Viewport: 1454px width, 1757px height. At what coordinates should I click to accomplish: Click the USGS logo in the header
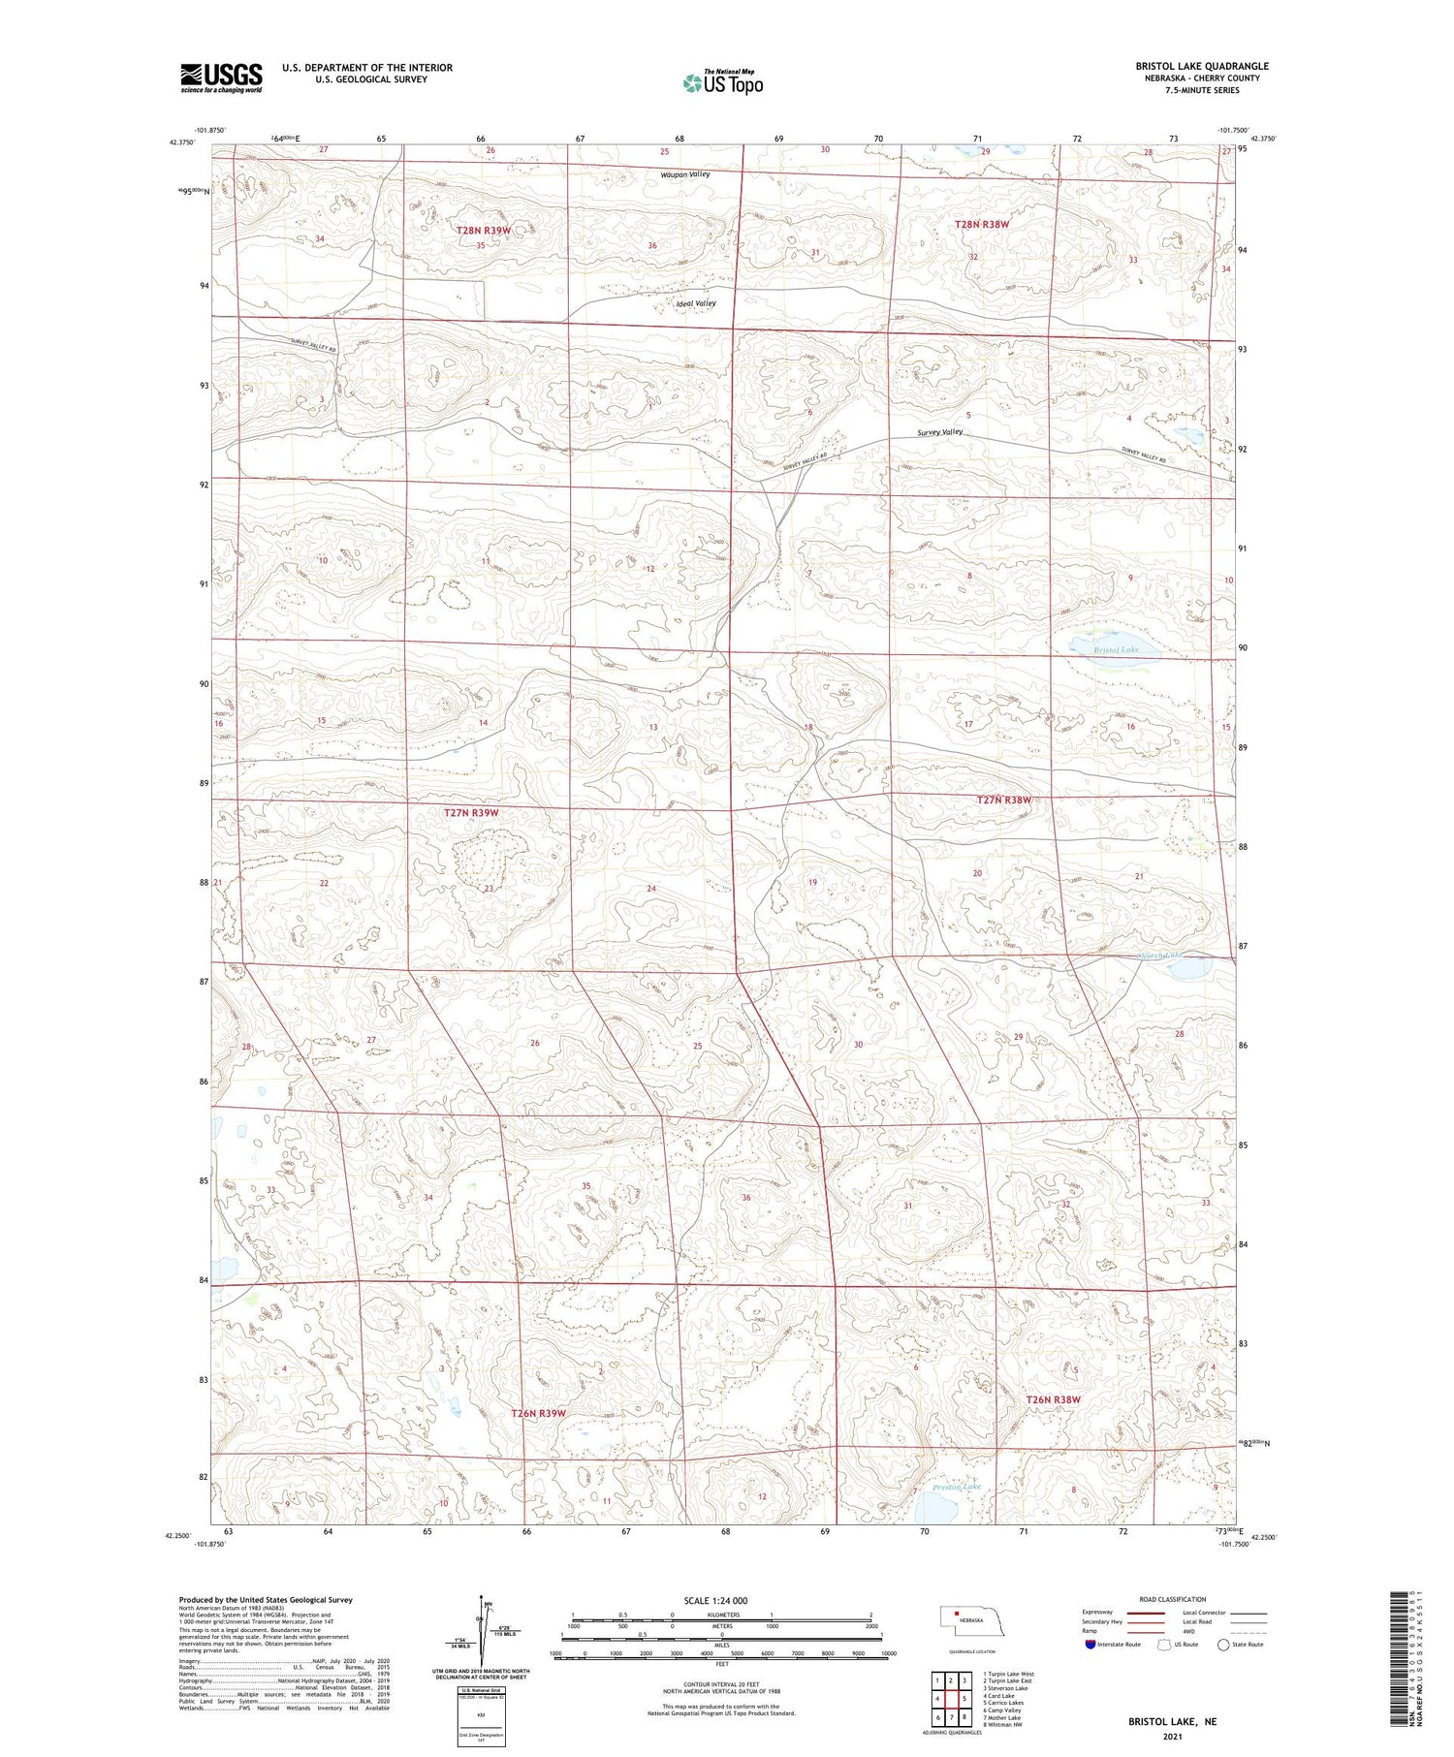pyautogui.click(x=221, y=78)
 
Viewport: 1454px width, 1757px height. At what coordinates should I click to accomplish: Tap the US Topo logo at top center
pyautogui.click(x=723, y=82)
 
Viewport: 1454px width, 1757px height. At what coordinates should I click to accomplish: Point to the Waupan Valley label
pyautogui.click(x=685, y=174)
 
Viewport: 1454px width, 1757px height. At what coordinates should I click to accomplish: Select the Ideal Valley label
pyautogui.click(x=695, y=303)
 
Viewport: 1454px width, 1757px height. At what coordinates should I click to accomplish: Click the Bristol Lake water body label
pyautogui.click(x=1116, y=649)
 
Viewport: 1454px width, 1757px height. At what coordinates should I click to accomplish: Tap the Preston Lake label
pyautogui.click(x=956, y=1487)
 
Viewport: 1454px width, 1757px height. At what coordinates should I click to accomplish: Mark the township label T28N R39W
pyautogui.click(x=483, y=231)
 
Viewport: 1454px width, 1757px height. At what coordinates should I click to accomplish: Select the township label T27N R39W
pyautogui.click(x=470, y=813)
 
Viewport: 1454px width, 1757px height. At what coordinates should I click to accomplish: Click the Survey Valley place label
pyautogui.click(x=939, y=432)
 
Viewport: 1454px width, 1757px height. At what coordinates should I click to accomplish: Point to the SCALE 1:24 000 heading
pyautogui.click(x=721, y=1600)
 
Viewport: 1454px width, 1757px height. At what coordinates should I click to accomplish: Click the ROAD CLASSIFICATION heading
pyautogui.click(x=1172, y=1599)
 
